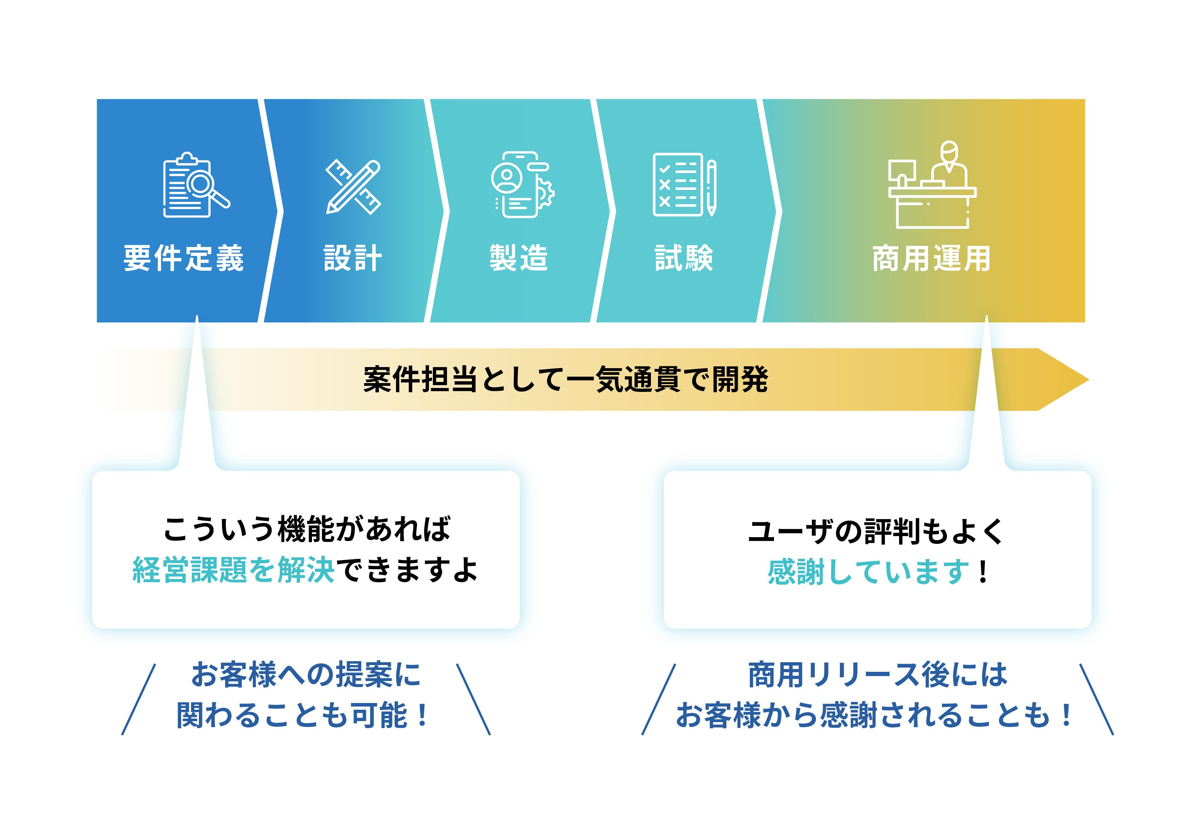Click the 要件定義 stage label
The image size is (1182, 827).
(x=183, y=258)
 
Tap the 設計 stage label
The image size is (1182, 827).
(x=353, y=258)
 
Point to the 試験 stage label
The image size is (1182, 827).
(x=684, y=258)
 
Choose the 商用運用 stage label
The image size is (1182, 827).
(x=931, y=258)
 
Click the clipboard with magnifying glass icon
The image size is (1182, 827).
(x=196, y=185)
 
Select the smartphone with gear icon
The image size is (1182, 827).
(x=522, y=184)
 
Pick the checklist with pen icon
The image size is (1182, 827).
(x=685, y=185)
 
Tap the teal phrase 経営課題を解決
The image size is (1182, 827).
(x=234, y=570)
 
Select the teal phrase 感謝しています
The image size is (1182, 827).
(x=869, y=572)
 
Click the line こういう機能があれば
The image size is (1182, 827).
(x=307, y=529)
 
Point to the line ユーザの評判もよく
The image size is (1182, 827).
(x=876, y=531)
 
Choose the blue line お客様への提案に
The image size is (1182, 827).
(x=306, y=674)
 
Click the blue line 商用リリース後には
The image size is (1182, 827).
(x=877, y=674)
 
